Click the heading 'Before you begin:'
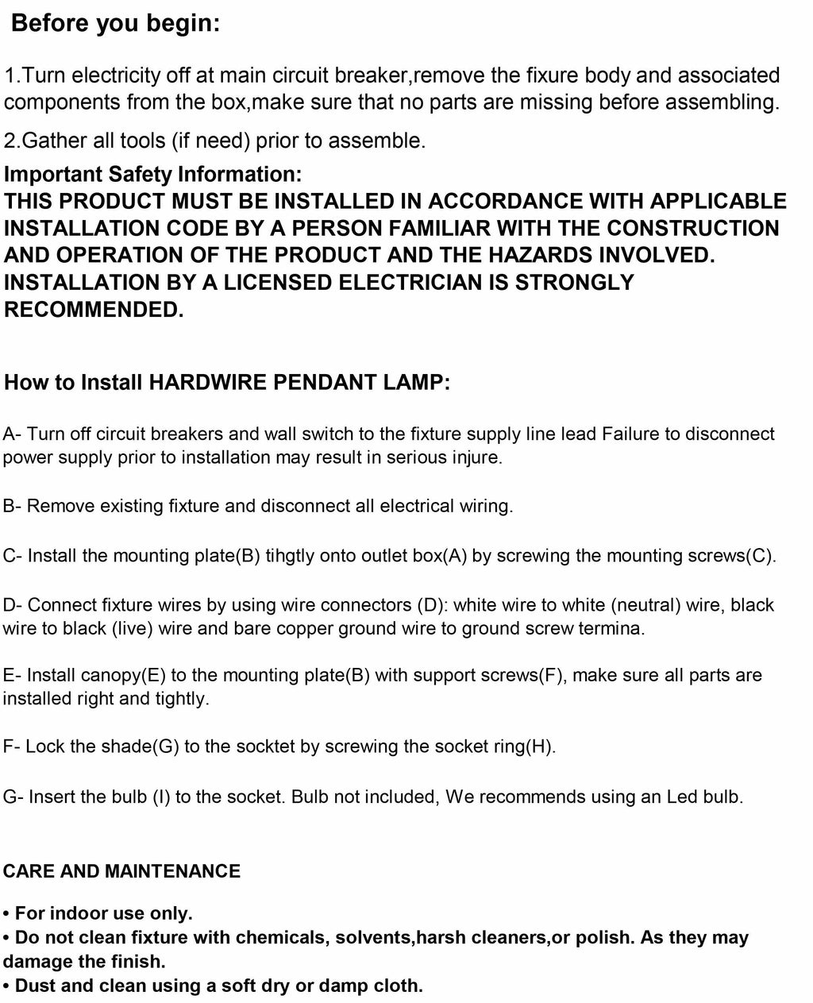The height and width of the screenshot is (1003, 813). point(116,24)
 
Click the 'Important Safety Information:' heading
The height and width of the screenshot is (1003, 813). point(152,174)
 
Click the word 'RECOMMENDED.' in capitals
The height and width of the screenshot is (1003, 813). point(94,310)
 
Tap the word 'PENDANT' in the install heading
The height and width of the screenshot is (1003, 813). point(322,382)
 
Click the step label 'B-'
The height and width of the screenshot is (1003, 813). point(13,506)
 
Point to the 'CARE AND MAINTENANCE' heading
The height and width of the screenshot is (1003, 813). point(121,871)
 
